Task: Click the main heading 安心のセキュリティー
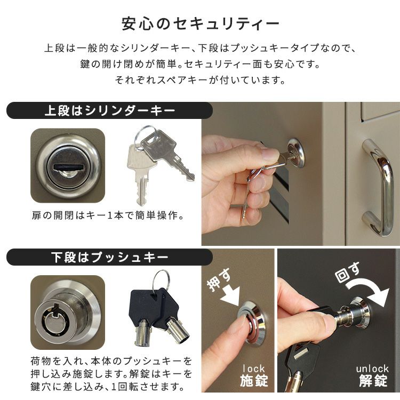(x=201, y=24)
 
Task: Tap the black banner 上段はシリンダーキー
(x=110, y=111)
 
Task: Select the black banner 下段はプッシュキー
(x=110, y=257)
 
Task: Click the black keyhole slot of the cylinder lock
(x=69, y=167)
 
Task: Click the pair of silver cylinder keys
(x=161, y=163)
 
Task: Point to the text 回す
(x=347, y=272)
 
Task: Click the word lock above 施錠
(x=253, y=369)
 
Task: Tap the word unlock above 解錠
(x=372, y=369)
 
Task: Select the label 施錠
(x=254, y=381)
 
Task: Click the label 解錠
(x=373, y=381)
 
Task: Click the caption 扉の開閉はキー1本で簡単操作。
(x=108, y=215)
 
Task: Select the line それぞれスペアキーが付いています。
(x=200, y=80)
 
